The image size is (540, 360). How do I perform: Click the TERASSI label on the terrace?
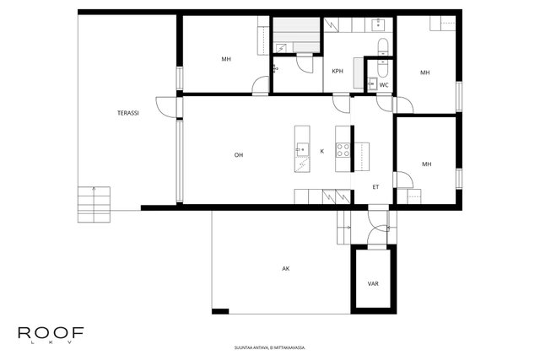click(127, 113)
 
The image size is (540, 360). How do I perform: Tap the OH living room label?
click(239, 155)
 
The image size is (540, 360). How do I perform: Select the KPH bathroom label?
click(337, 72)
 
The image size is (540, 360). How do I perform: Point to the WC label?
click(384, 85)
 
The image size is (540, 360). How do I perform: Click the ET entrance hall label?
click(375, 187)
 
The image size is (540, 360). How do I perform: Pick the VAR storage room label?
click(373, 284)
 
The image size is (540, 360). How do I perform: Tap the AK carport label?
click(286, 269)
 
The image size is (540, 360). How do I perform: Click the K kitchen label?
click(322, 151)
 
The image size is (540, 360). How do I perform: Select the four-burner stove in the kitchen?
click(343, 150)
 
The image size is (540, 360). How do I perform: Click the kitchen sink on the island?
click(302, 150)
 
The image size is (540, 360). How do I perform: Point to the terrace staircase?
click(94, 204)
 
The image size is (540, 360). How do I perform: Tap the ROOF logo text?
click(51, 332)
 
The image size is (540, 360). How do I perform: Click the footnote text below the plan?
click(270, 347)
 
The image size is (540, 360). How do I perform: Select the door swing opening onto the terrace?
click(166, 107)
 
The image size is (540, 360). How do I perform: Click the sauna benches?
click(296, 35)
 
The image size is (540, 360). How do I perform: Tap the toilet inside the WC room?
click(382, 68)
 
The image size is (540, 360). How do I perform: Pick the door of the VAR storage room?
click(378, 236)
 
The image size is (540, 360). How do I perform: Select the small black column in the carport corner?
click(220, 311)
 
